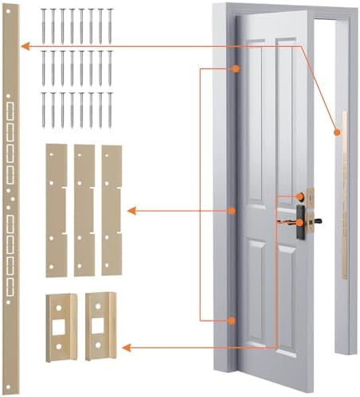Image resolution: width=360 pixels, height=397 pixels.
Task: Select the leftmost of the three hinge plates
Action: coord(56,210)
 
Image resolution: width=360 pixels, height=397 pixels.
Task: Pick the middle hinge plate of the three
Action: coord(84,210)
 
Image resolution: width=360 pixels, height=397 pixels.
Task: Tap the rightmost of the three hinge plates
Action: coord(111,210)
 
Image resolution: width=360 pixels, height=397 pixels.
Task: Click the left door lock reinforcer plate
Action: coord(61,325)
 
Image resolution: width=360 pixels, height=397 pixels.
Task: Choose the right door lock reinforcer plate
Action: coord(98,325)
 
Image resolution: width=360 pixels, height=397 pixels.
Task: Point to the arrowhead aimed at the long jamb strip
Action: coord(25,46)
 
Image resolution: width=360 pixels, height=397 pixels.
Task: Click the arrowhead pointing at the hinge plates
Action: coord(132,211)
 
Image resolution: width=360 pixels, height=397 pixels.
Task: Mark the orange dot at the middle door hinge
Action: coord(231,211)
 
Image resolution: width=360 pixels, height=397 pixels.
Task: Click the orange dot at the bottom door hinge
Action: coord(231,321)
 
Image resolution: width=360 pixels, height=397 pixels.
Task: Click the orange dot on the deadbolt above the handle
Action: coord(301,197)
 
